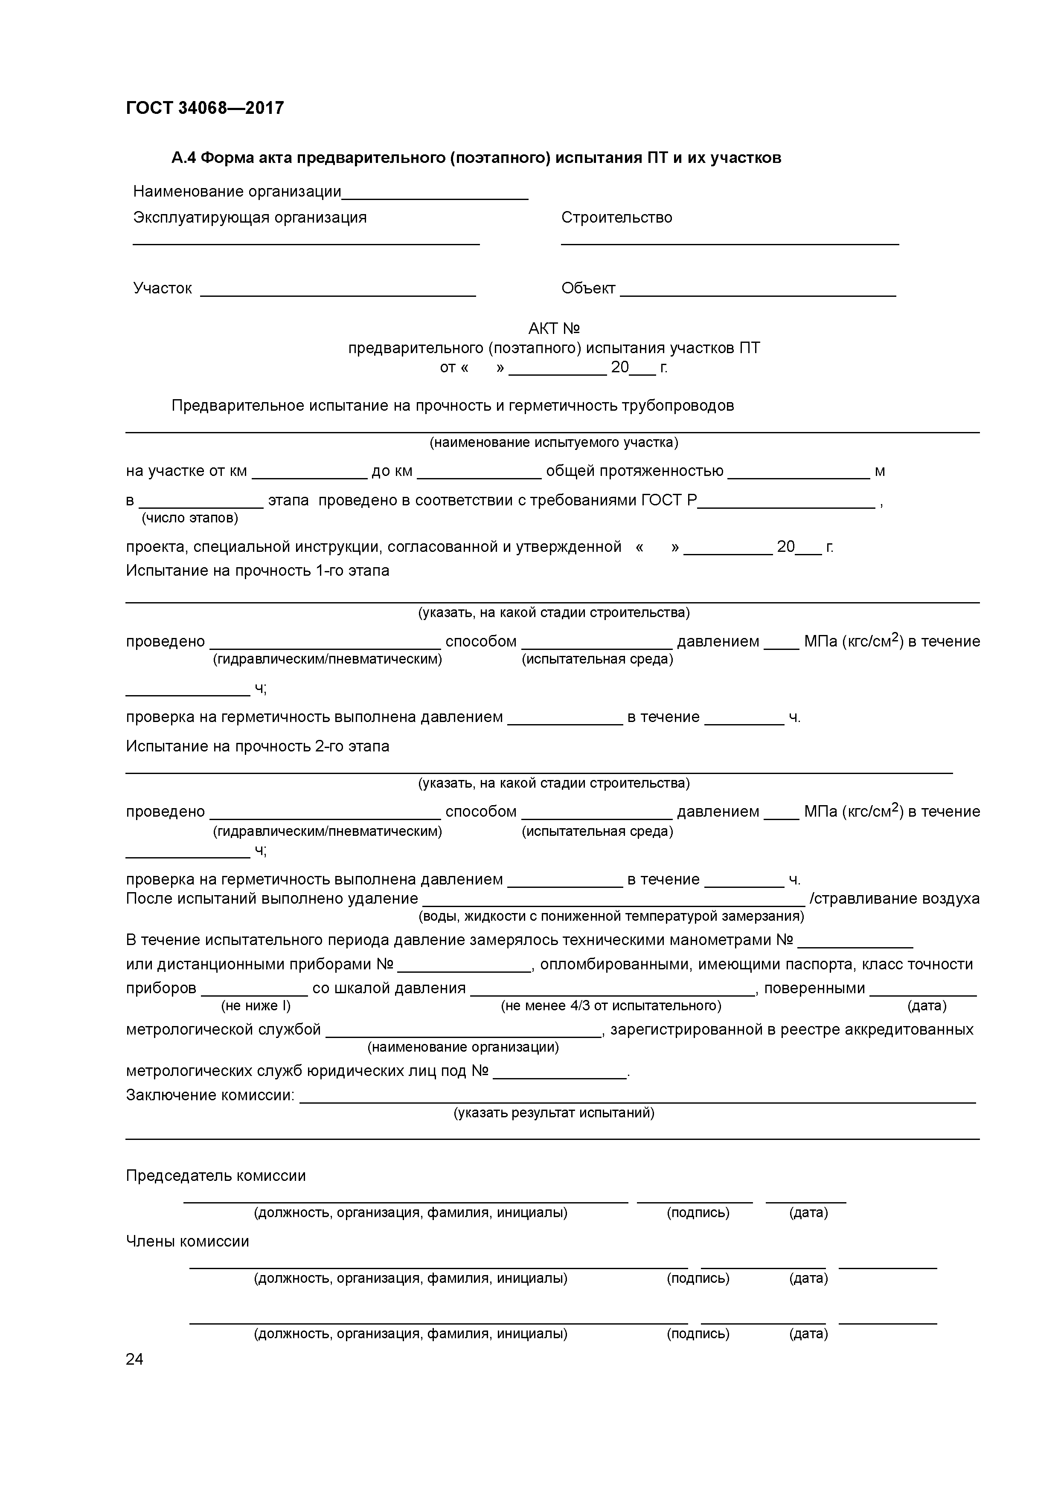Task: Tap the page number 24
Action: point(134,1359)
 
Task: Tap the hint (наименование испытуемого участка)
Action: point(553,442)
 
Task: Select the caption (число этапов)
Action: point(190,518)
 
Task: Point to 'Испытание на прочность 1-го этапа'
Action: point(258,571)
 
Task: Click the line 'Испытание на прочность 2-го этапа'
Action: point(258,746)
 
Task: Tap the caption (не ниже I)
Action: point(256,1006)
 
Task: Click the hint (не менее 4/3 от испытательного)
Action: point(611,1006)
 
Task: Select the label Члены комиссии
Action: point(188,1241)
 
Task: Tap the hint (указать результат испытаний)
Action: point(553,1112)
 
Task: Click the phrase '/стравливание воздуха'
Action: point(894,899)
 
